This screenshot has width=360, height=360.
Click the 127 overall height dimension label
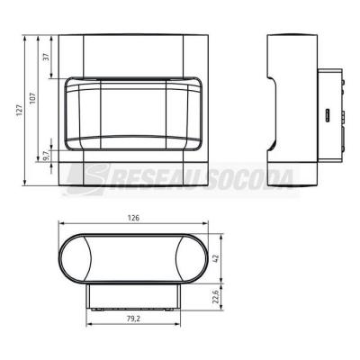pyautogui.click(x=20, y=110)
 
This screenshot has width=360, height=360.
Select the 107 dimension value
pyautogui.click(x=32, y=98)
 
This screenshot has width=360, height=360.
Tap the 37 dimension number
pyautogui.click(x=46, y=57)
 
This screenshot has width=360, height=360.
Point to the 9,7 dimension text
pyautogui.click(x=46, y=156)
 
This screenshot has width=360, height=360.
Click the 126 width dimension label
pyautogui.click(x=133, y=218)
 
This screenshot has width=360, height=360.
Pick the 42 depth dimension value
pyautogui.click(x=216, y=258)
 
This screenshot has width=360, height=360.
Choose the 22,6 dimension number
pyautogui.click(x=216, y=296)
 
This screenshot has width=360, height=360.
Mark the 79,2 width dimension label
pyautogui.click(x=133, y=319)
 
